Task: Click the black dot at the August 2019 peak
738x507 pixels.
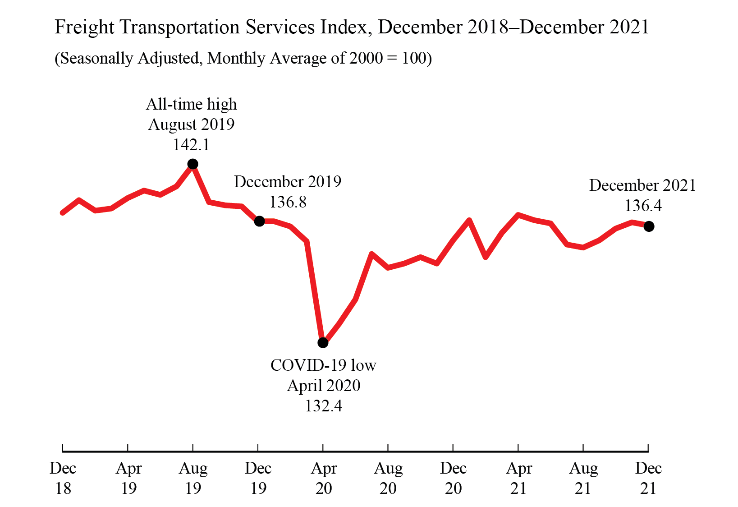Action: click(x=193, y=164)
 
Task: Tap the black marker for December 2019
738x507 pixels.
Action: click(x=259, y=221)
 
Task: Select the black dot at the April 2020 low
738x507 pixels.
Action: click(x=323, y=343)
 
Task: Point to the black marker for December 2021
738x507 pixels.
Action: click(x=649, y=226)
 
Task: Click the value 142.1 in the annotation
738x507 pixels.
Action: click(x=191, y=145)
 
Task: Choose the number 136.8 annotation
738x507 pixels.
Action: click(x=288, y=202)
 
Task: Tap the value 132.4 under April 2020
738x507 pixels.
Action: click(x=323, y=406)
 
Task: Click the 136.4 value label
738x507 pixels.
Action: click(x=643, y=206)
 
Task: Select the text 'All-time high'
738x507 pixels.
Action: click(x=191, y=104)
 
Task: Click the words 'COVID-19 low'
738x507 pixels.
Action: click(x=323, y=365)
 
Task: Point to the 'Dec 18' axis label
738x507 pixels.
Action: click(x=63, y=478)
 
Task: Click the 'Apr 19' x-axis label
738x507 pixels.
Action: click(x=128, y=478)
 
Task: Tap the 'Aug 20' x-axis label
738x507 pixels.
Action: click(x=388, y=478)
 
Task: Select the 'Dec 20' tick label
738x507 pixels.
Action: click(x=453, y=478)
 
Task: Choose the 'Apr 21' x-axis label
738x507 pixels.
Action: click(x=518, y=478)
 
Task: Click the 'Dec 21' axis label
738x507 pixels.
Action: click(x=648, y=478)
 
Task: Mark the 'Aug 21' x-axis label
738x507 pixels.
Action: click(x=583, y=478)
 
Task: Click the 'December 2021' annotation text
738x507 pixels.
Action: click(x=642, y=185)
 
